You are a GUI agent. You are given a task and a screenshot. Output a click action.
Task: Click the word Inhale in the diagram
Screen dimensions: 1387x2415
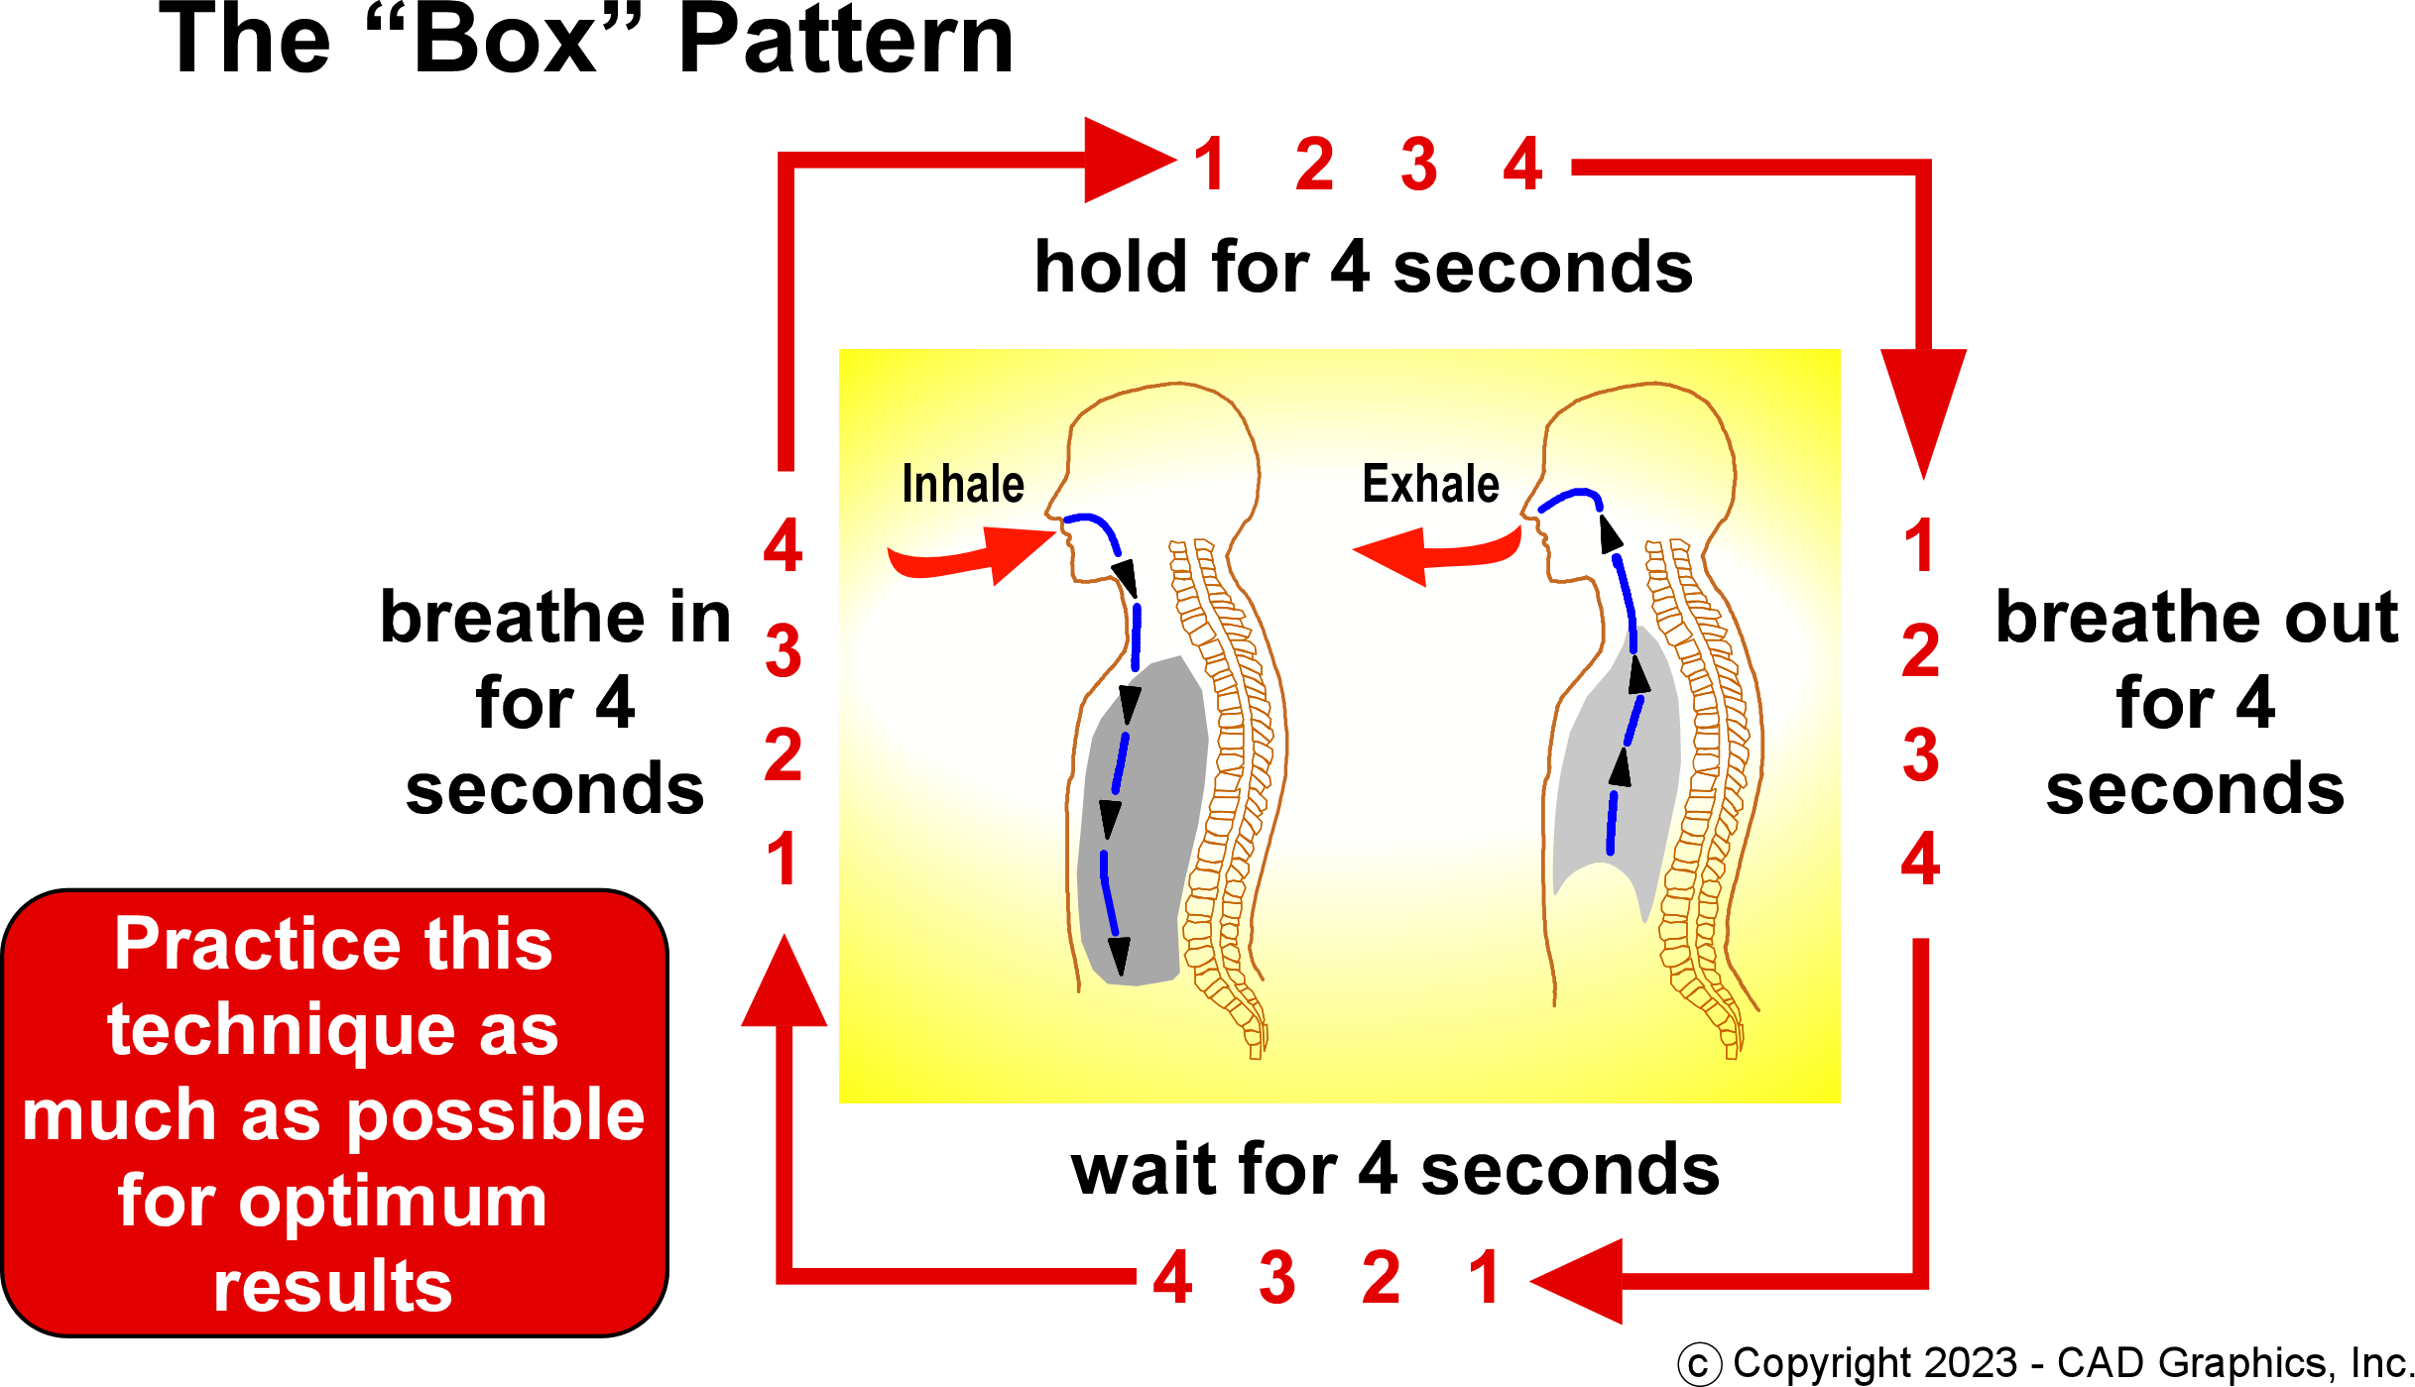point(962,485)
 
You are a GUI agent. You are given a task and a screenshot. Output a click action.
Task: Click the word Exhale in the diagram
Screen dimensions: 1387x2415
point(1430,485)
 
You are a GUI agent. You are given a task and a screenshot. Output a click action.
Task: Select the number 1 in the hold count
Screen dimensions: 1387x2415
point(1210,165)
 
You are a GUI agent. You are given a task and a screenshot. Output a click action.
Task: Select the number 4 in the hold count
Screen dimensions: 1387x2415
point(1522,165)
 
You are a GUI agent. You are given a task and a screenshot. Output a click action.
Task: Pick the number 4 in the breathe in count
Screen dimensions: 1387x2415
point(783,545)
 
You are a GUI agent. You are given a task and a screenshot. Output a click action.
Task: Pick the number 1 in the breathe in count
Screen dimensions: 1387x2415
point(783,860)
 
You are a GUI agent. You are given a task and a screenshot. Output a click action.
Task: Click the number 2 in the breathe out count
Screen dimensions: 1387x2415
point(1921,651)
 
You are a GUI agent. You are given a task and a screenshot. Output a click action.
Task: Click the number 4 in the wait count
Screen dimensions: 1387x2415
point(1172,1278)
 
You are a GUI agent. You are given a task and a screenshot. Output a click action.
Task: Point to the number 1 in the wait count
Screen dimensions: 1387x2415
point(1484,1278)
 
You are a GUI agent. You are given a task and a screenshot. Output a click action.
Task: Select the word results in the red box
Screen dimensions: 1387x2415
point(332,1287)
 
